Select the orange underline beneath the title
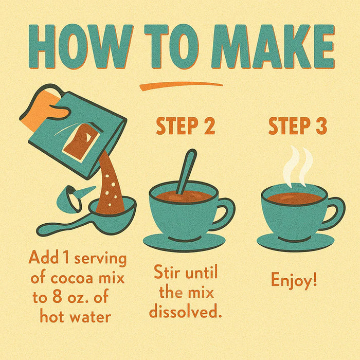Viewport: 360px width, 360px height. [x=180, y=85]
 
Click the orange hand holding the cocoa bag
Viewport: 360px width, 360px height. [x=49, y=109]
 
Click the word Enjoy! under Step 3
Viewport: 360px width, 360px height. [x=294, y=281]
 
